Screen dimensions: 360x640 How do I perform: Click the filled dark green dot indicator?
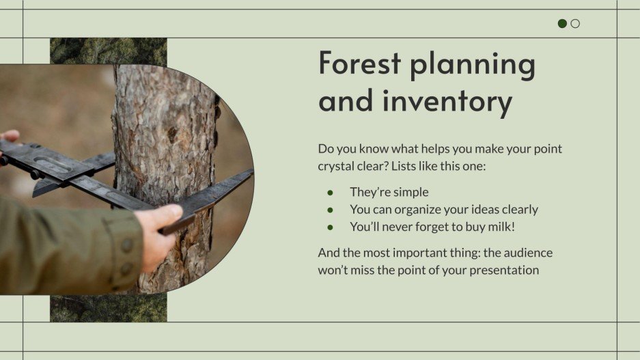click(562, 23)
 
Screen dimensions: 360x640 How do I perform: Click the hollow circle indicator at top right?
click(575, 23)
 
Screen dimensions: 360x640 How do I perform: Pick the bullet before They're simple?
click(331, 193)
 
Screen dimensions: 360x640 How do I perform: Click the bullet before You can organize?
click(331, 210)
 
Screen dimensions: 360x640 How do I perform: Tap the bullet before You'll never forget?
click(331, 227)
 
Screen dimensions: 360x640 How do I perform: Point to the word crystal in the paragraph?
click(337, 166)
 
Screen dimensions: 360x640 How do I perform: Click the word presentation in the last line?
click(500, 270)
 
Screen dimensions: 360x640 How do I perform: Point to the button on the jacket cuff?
click(127, 245)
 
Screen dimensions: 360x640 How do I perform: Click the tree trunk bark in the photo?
click(164, 137)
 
